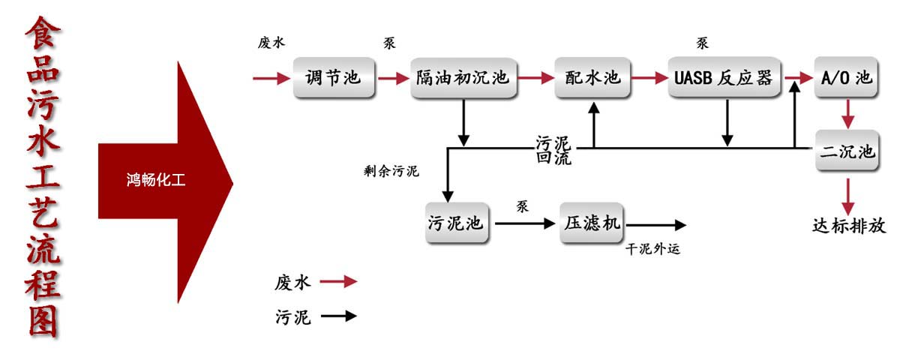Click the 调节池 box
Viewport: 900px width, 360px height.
[x=333, y=77]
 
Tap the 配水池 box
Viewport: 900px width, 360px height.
[x=592, y=77]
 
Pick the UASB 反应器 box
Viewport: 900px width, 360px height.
[x=725, y=77]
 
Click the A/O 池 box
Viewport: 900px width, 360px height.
[x=846, y=77]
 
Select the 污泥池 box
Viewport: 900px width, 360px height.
[x=457, y=223]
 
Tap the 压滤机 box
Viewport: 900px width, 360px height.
[x=591, y=223]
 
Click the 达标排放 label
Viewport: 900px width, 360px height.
[x=849, y=226]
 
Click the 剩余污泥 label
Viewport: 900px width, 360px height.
[x=391, y=171]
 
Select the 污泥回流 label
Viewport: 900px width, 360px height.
[x=553, y=150]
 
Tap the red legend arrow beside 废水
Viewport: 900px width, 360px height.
[x=338, y=282]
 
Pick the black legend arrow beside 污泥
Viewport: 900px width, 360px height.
[x=338, y=316]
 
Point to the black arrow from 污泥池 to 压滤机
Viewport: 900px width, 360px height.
[x=523, y=223]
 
